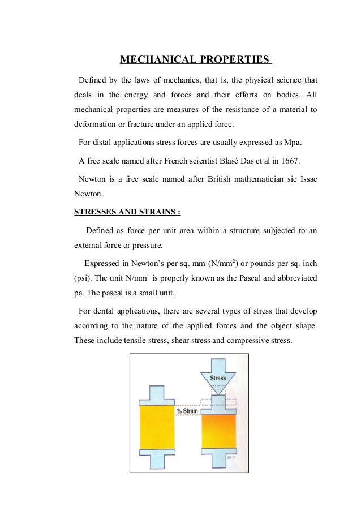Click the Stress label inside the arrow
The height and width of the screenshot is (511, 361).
(218, 378)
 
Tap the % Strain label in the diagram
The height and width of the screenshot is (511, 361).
(187, 411)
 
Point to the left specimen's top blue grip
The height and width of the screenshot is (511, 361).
(156, 394)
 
